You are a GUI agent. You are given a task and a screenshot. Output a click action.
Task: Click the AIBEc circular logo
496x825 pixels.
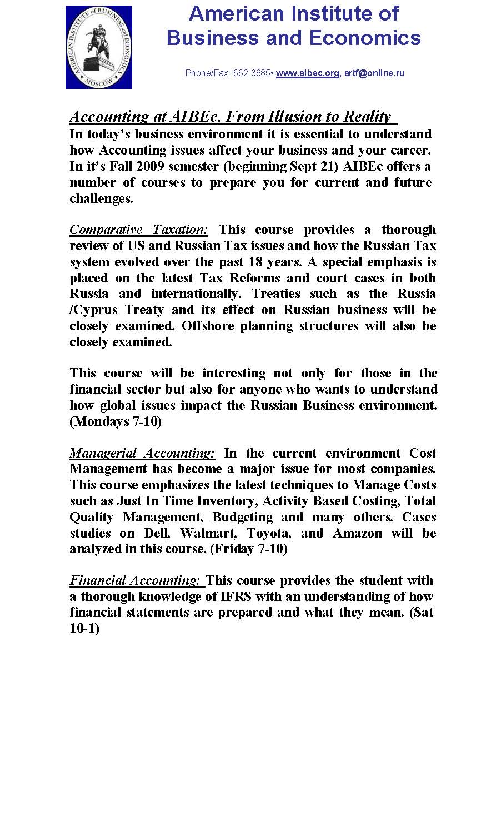click(99, 47)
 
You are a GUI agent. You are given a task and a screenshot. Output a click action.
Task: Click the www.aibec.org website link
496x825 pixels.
click(307, 73)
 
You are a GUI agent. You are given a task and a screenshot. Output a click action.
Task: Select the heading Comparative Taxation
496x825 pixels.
click(139, 230)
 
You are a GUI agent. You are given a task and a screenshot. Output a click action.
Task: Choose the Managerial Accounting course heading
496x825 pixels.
click(142, 453)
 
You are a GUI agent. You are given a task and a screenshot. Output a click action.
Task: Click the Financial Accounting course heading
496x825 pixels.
click(135, 580)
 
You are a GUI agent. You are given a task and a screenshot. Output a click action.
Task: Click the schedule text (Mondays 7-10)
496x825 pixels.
click(116, 421)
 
